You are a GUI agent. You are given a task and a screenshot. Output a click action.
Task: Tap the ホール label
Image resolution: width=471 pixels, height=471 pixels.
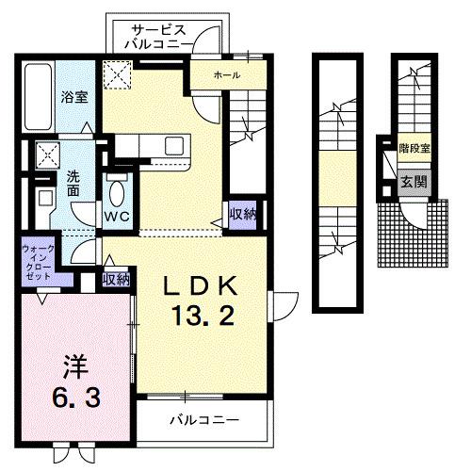(226, 74)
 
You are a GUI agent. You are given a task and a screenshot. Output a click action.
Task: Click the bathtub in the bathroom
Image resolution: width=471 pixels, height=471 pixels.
(38, 98)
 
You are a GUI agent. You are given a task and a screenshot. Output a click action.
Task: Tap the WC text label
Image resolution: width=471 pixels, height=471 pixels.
(117, 217)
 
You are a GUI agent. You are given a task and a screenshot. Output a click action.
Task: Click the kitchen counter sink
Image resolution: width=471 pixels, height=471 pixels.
(175, 148)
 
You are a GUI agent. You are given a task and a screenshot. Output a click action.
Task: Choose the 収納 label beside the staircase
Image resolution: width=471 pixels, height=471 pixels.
(241, 215)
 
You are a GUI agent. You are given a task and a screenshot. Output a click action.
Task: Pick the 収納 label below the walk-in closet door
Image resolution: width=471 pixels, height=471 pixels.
(116, 280)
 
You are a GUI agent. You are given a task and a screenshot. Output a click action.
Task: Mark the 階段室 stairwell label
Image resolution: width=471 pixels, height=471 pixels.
(414, 149)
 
